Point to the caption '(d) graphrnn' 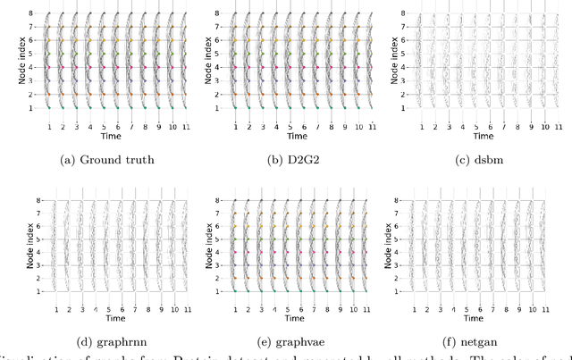click(104, 340)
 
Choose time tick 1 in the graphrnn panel click(56, 309)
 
